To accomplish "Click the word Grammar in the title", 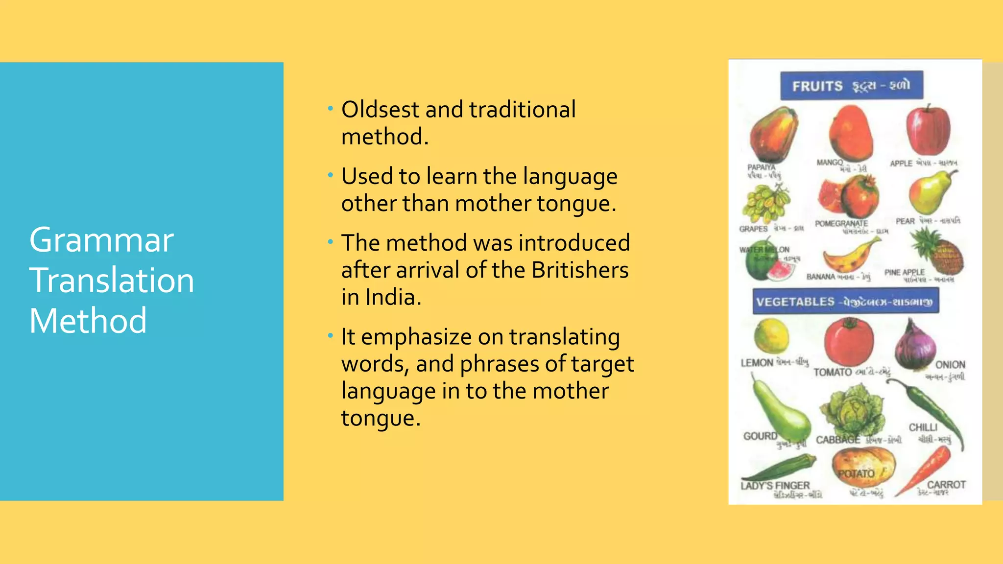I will [101, 240].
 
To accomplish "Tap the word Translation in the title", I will [112, 281].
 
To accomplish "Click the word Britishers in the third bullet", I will [580, 270].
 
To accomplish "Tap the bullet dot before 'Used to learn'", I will [331, 174].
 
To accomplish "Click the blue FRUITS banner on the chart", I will [851, 86].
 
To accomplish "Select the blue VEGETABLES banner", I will [845, 301].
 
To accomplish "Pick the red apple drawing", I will [928, 130].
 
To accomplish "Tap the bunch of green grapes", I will [765, 203].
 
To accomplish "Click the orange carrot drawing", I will [926, 470].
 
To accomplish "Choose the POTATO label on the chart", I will [856, 474].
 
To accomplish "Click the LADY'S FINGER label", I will [775, 485].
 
